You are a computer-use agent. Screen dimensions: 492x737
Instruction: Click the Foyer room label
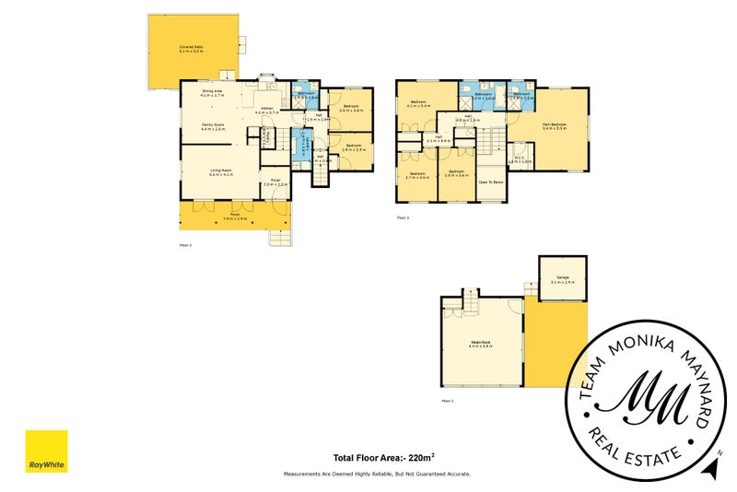click(x=275, y=182)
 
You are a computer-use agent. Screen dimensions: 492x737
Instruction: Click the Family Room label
click(x=214, y=126)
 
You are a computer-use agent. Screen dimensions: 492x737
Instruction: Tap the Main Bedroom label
click(x=554, y=125)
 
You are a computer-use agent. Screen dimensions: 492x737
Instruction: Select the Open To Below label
click(x=490, y=182)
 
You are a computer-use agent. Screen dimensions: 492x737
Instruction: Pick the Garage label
click(x=562, y=279)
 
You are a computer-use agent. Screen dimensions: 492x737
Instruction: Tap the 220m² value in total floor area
click(x=422, y=457)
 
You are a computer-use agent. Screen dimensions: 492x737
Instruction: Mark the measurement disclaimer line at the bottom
click(x=376, y=474)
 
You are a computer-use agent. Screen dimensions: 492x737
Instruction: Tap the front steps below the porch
click(x=280, y=237)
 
